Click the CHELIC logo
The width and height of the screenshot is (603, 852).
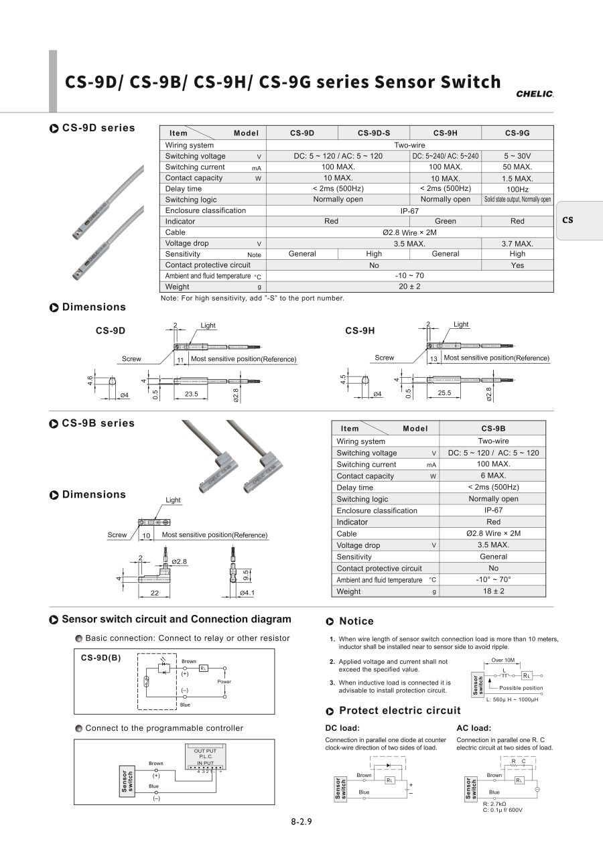(535, 94)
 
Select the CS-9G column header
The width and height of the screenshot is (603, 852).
(517, 133)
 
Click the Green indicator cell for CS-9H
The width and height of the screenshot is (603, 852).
(445, 221)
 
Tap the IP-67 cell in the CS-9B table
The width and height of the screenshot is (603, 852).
(493, 510)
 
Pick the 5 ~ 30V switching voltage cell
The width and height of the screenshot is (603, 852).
(517, 156)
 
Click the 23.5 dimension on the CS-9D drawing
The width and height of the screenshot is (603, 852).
(192, 394)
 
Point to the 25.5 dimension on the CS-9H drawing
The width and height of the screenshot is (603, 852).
(444, 393)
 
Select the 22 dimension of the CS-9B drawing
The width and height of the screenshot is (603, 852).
(154, 593)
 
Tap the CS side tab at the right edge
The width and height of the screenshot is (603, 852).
(567, 220)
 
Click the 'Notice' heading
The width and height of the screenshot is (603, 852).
(356, 622)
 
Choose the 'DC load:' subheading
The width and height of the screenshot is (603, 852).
(342, 728)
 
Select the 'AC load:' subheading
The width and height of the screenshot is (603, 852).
(474, 728)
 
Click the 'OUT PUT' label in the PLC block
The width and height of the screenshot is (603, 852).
(205, 751)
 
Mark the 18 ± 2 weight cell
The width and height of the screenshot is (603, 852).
(493, 591)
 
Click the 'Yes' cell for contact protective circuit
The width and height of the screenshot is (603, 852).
(517, 265)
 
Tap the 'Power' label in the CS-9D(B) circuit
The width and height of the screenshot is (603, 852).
(224, 681)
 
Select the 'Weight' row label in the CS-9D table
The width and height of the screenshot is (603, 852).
(178, 287)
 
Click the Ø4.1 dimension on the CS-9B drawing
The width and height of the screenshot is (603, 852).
(247, 593)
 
